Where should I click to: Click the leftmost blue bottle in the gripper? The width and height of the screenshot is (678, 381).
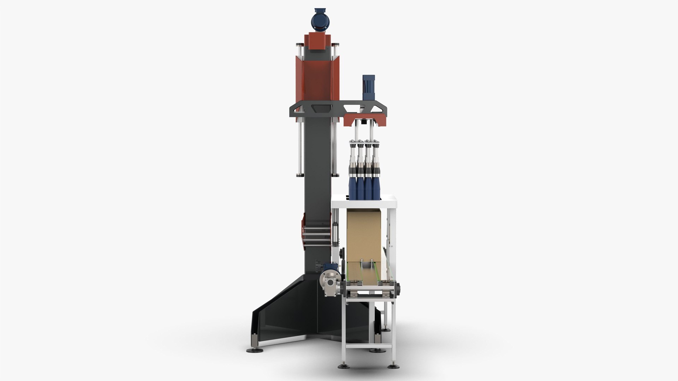[352, 187]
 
